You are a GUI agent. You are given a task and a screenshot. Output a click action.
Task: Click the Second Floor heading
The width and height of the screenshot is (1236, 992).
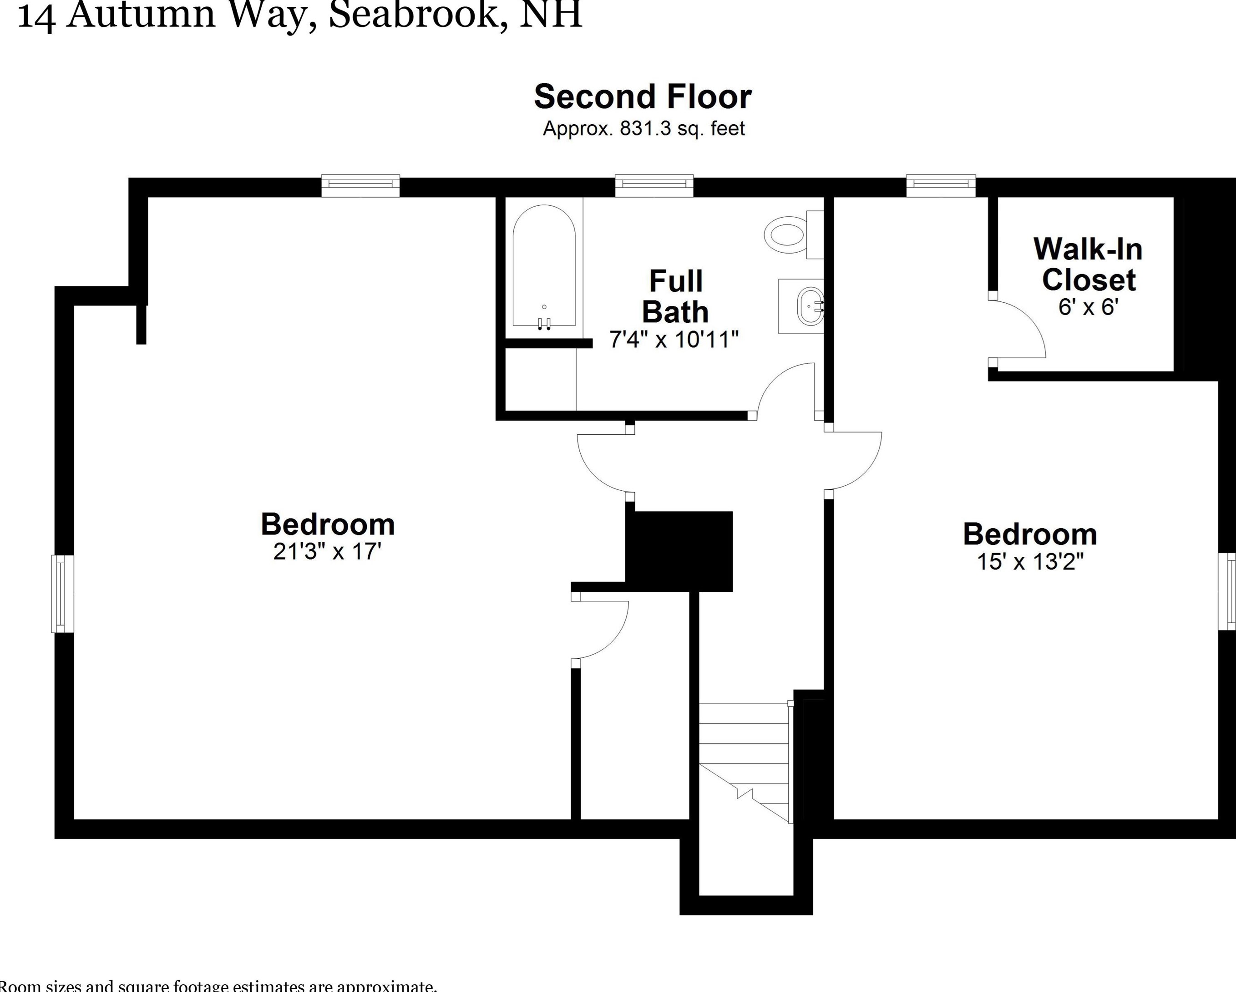(643, 97)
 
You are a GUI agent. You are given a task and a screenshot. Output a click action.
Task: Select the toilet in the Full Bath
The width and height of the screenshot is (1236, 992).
(788, 234)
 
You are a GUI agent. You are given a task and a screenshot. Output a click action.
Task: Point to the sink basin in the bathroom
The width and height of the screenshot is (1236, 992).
(810, 306)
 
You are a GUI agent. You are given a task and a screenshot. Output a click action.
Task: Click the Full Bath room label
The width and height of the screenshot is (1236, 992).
(675, 296)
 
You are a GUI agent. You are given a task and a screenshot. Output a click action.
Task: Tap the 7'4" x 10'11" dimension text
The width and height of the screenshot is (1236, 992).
(674, 340)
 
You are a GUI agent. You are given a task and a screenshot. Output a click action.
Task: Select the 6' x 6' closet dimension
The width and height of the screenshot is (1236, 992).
(1088, 307)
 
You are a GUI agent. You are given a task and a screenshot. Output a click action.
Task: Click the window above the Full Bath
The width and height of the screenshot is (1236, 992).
(654, 185)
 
